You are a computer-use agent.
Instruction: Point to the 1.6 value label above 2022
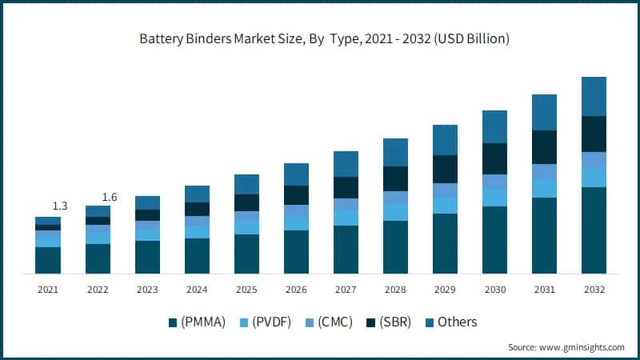point(109,198)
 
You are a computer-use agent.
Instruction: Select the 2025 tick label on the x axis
point(246,289)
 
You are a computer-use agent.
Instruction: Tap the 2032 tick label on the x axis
point(594,289)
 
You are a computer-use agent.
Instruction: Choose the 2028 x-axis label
point(395,289)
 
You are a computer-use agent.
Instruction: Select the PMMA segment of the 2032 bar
point(594,230)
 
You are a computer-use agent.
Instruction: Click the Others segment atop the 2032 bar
point(594,96)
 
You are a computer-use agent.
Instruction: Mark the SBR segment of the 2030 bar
point(494,158)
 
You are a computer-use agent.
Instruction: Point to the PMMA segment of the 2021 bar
point(48,260)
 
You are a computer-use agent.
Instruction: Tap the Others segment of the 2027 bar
point(346,164)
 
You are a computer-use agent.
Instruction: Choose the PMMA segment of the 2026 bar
point(296,252)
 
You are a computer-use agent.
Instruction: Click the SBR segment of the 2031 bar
point(544,147)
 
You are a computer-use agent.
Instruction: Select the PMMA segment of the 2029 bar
point(445,243)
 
